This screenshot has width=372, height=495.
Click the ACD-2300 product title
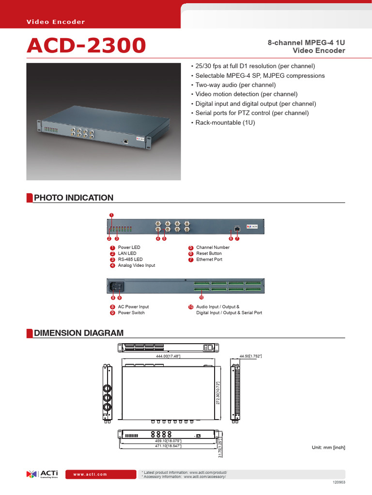86,46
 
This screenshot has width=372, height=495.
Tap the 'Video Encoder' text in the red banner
56,22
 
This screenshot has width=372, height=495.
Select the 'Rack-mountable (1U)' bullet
225,122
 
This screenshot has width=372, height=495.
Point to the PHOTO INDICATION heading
73,198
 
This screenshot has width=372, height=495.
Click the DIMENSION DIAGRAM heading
78,333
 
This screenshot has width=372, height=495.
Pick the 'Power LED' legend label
129,247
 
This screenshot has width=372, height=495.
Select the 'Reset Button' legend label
209,253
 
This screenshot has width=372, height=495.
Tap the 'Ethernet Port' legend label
209,260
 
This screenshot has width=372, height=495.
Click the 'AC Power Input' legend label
133,307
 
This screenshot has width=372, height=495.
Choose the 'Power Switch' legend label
131,313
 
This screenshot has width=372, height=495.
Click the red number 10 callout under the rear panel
201,297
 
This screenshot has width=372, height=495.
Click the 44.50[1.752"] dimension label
250,356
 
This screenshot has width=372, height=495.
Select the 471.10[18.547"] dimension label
168,446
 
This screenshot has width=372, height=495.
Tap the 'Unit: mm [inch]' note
328,448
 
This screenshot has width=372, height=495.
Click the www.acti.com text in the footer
90,474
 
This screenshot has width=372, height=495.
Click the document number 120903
339,482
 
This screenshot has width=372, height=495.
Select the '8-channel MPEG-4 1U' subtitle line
306,43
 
